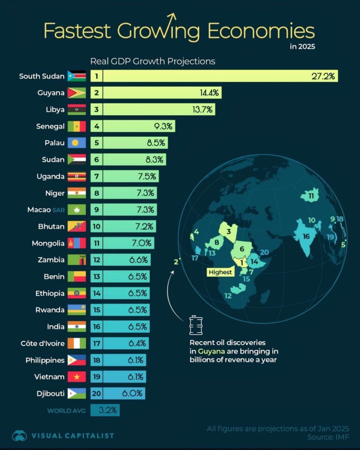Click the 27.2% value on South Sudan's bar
(323, 76)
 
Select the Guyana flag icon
(76, 93)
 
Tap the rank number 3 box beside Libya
(97, 110)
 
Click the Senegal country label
(50, 126)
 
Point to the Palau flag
(76, 143)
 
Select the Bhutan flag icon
(76, 226)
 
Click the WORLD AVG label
(66, 411)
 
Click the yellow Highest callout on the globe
(220, 272)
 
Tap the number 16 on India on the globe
(306, 236)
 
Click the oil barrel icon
(195, 324)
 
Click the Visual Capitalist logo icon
(19, 435)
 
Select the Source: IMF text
(329, 437)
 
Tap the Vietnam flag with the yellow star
(76, 377)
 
